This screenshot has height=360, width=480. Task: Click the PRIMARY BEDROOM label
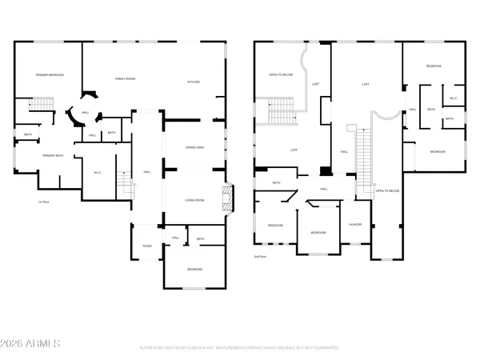tap(49, 75)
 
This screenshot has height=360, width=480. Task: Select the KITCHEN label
tap(193, 82)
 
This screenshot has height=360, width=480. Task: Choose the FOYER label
tap(147, 246)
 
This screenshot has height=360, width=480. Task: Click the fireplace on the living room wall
tap(230, 198)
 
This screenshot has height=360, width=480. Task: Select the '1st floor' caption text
tap(45, 202)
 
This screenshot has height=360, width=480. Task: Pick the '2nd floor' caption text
tap(261, 258)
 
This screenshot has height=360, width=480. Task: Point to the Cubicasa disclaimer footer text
tap(240, 348)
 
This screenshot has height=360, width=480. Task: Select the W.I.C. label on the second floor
tap(452, 99)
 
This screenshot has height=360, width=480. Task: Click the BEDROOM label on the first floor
tap(194, 270)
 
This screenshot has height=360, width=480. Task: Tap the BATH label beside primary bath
tap(28, 134)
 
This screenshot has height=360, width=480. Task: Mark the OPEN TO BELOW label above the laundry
tap(387, 191)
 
